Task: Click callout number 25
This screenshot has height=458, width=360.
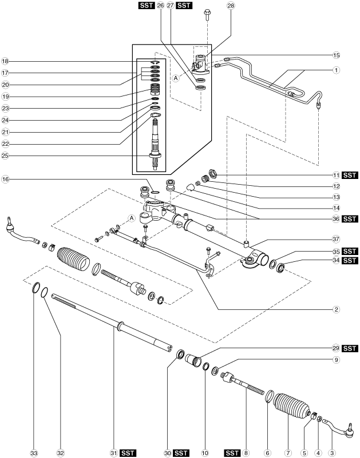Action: (x=5, y=156)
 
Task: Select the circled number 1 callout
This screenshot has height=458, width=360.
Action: (x=337, y=70)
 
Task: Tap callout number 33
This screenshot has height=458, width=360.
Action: (x=34, y=453)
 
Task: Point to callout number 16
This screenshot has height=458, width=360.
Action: (x=5, y=179)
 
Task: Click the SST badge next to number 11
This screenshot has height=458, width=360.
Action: (x=350, y=176)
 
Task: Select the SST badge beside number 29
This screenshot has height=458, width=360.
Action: (x=350, y=348)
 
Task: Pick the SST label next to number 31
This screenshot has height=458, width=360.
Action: (x=128, y=453)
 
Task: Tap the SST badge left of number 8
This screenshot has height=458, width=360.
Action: (x=232, y=453)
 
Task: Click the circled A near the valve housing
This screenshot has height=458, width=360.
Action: (x=176, y=78)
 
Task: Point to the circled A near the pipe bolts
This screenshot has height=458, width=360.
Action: (x=132, y=218)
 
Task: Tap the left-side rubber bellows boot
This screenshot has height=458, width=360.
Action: (x=73, y=261)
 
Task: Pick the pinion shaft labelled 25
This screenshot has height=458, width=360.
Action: (x=155, y=143)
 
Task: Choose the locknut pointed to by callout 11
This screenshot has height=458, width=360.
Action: (x=212, y=173)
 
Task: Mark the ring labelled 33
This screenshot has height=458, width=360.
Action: (x=36, y=288)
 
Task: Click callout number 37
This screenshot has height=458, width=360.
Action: (x=337, y=239)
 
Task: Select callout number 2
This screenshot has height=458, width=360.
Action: (x=337, y=309)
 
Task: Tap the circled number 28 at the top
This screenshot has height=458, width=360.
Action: (x=231, y=5)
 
